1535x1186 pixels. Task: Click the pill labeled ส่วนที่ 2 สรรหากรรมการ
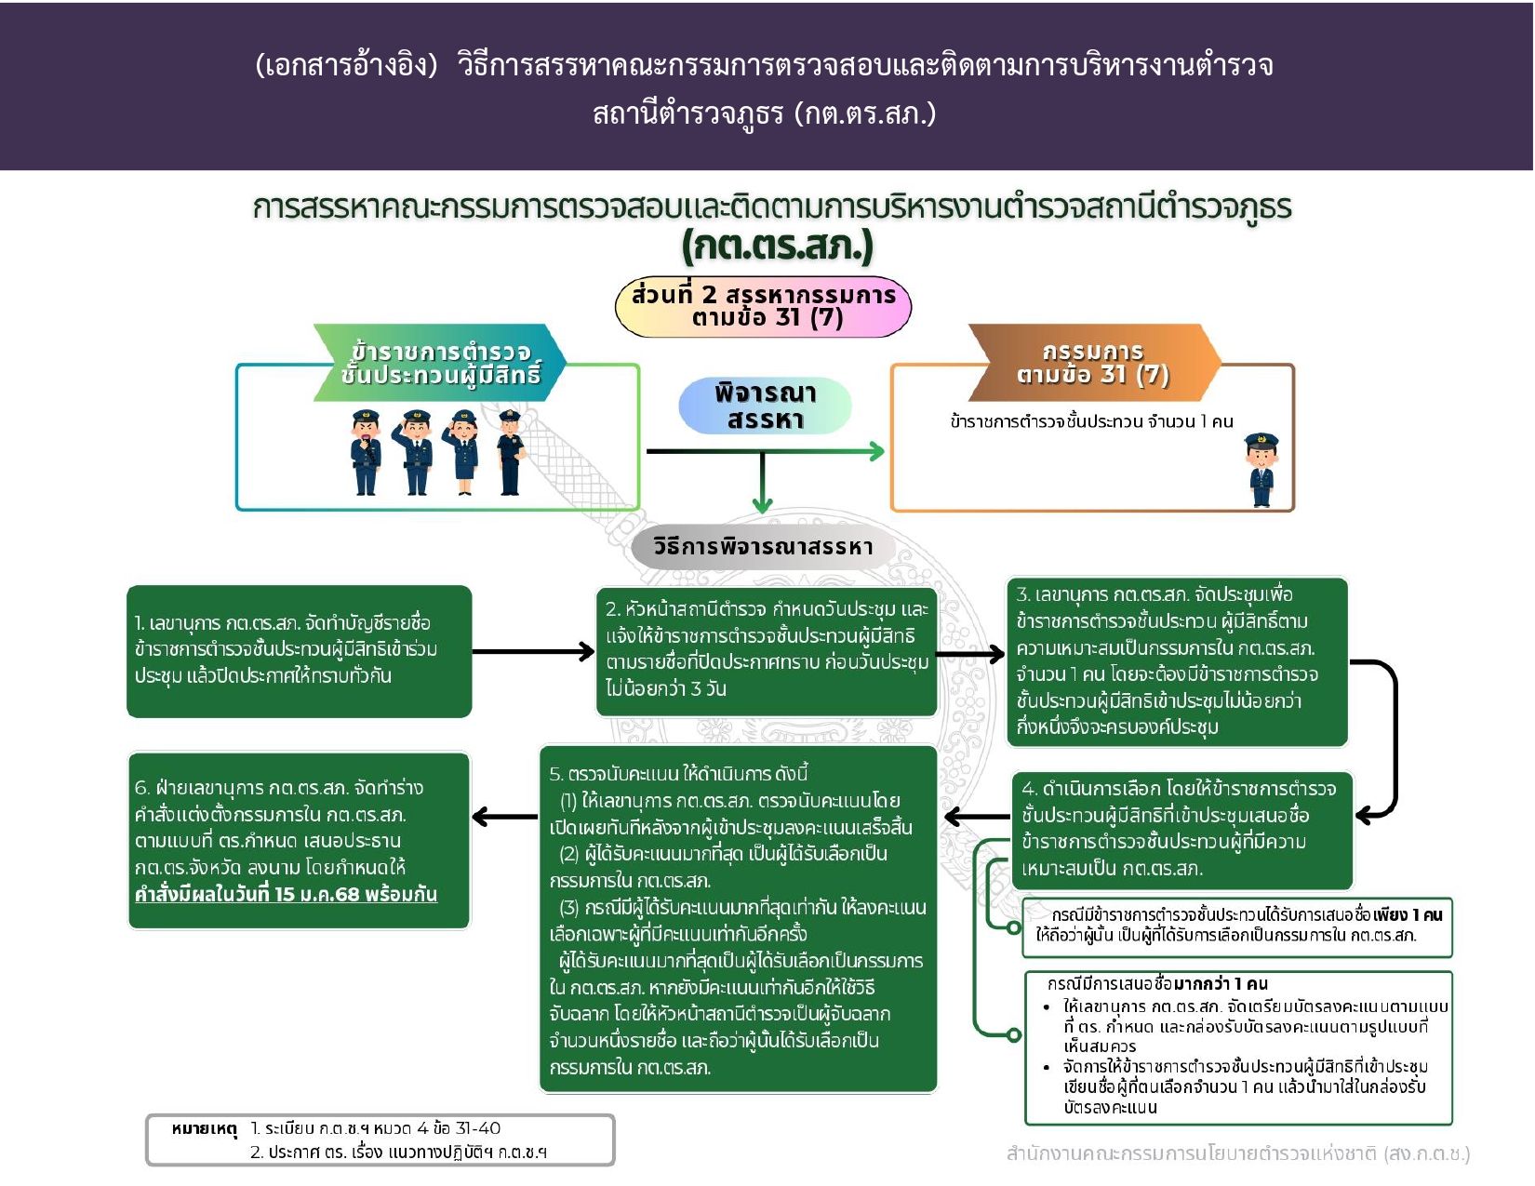(x=763, y=306)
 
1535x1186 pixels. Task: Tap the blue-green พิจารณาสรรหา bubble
(x=765, y=406)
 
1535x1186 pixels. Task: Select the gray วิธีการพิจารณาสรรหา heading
(x=763, y=547)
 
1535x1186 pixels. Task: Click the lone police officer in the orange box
(x=1261, y=470)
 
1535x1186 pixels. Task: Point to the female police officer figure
(x=463, y=453)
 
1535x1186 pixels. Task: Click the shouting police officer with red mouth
(x=367, y=453)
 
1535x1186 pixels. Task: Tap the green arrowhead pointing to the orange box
(x=875, y=451)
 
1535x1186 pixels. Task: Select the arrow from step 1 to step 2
(x=533, y=652)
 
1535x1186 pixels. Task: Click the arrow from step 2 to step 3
(x=970, y=654)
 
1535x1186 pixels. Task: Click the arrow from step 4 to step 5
(x=977, y=818)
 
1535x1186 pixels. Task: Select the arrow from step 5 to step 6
(x=505, y=818)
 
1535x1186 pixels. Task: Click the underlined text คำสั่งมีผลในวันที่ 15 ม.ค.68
(x=286, y=895)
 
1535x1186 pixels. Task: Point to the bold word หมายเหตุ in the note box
(x=205, y=1129)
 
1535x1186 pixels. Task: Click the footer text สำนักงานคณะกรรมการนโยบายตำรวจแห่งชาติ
(x=1237, y=1154)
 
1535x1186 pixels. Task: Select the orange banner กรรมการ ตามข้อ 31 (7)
(x=1093, y=363)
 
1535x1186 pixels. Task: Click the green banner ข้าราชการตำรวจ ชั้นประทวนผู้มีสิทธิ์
(x=440, y=364)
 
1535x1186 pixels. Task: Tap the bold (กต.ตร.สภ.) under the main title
(x=778, y=247)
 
